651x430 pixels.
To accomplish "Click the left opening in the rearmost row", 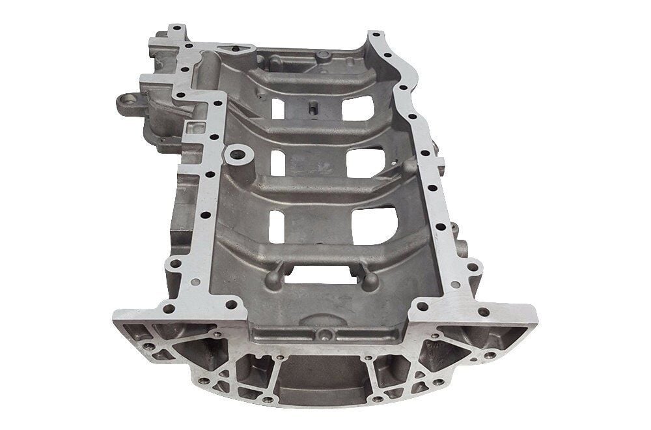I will click(x=278, y=109).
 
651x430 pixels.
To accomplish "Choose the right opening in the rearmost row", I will click(x=358, y=107).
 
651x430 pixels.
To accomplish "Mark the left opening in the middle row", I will click(x=278, y=163).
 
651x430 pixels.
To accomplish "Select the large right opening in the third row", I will click(x=374, y=225).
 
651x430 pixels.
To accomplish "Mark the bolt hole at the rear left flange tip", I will click(x=174, y=31).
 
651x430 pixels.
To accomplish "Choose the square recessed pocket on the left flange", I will click(x=193, y=129).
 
